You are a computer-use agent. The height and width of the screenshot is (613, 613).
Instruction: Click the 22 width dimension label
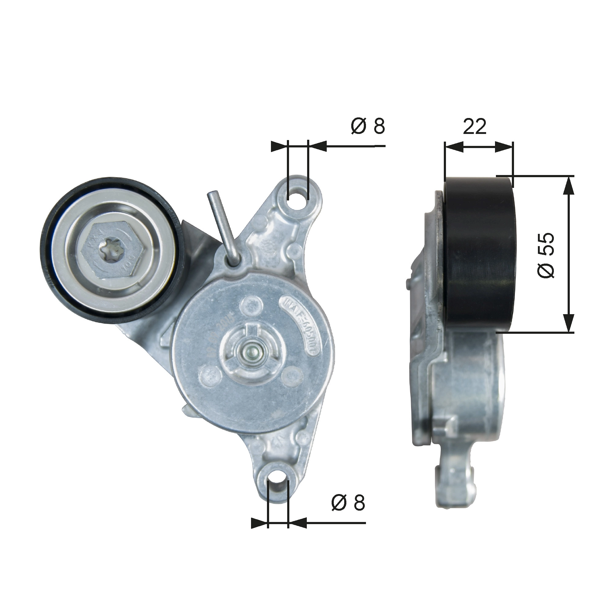474,126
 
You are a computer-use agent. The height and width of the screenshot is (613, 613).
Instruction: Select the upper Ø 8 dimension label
368,126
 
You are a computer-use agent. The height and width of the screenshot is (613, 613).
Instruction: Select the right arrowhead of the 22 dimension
504,147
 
